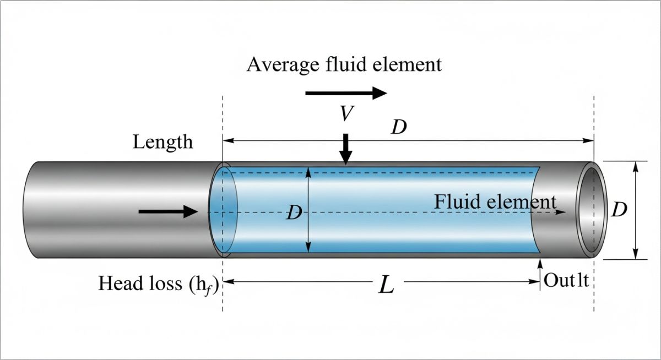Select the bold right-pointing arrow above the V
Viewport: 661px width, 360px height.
tap(346, 93)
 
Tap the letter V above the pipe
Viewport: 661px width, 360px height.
tap(346, 114)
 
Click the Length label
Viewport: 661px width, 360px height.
tap(163, 142)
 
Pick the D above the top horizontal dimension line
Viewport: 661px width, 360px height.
tap(399, 128)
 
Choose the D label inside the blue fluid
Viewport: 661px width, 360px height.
tap(294, 213)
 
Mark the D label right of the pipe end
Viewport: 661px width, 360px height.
tap(620, 210)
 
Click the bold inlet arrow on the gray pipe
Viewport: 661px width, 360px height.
tap(167, 211)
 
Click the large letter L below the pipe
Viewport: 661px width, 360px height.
tap(387, 285)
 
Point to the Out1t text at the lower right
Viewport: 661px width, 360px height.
tap(567, 281)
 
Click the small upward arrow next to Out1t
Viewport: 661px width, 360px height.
tap(539, 270)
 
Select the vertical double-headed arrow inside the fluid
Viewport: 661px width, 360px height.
tap(308, 210)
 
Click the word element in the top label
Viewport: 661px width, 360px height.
tap(406, 65)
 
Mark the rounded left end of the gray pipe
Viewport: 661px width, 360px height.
tap(28, 210)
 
